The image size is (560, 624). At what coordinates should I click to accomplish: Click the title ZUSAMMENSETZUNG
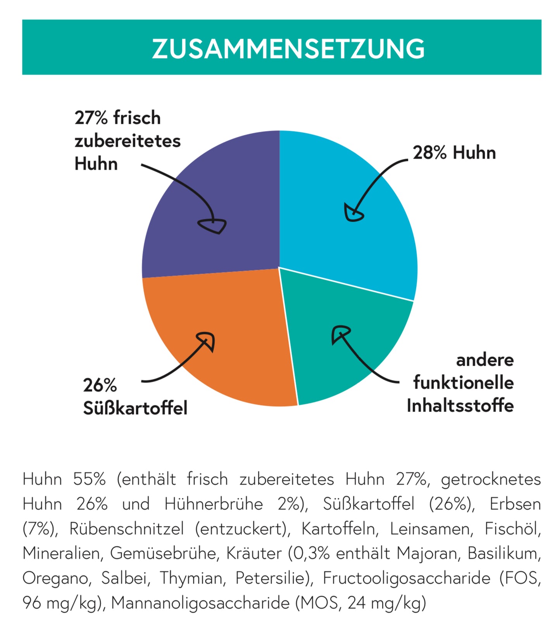coord(288,48)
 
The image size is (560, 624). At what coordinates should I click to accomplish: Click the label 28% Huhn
coord(454,153)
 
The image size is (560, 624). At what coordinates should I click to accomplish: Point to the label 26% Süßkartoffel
coord(135,397)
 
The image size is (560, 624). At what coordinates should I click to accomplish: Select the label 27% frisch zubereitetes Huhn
coord(127,140)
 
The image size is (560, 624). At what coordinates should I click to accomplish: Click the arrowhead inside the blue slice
coord(353,213)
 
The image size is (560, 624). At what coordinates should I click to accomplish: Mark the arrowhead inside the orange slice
coord(207,340)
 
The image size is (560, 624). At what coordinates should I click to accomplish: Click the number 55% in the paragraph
coord(89,479)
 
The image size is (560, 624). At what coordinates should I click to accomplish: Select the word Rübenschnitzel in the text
coord(126,529)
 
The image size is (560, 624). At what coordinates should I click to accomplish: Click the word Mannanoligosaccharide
coord(200,603)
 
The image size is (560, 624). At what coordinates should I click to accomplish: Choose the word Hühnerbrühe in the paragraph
coord(214,504)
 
